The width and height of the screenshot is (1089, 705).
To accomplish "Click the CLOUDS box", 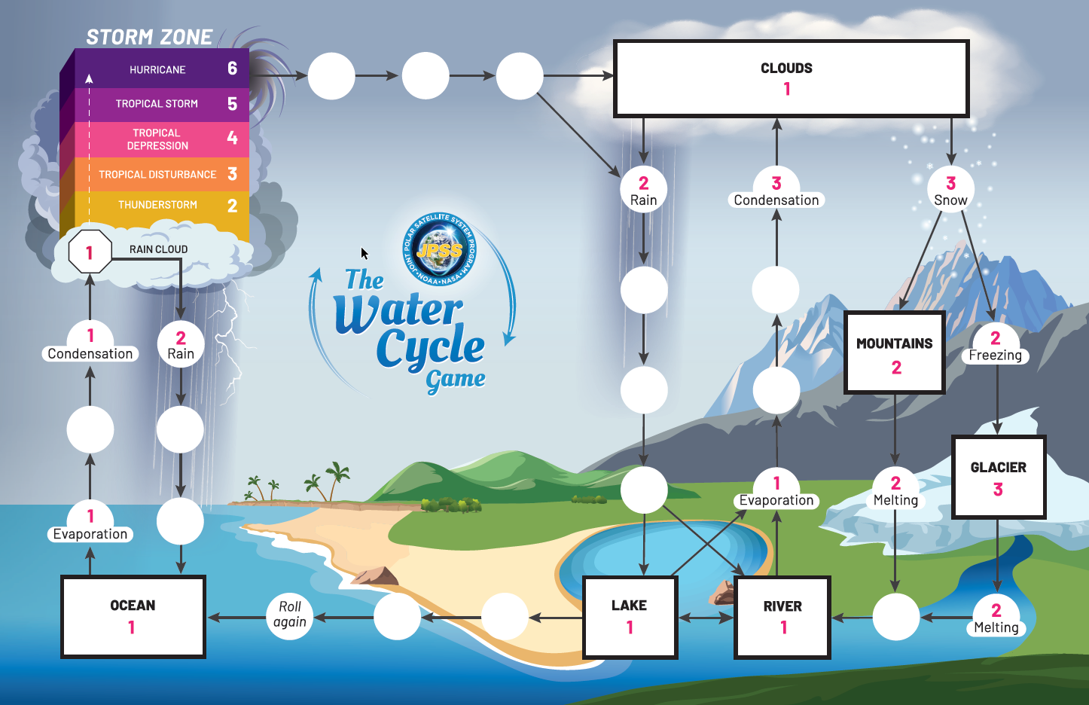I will click(x=791, y=78).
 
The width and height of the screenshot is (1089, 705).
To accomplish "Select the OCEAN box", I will click(x=133, y=616).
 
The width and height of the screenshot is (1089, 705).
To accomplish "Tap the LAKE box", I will click(x=630, y=616).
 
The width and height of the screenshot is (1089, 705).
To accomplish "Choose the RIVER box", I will click(x=782, y=616).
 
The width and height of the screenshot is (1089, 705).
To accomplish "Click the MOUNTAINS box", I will click(x=895, y=352).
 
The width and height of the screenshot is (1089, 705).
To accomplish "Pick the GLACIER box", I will click(x=998, y=477).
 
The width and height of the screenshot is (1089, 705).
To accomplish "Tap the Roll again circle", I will click(x=290, y=615).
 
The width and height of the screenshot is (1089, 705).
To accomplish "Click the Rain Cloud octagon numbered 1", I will click(x=90, y=252).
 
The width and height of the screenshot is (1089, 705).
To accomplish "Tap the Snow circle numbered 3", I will click(x=950, y=189).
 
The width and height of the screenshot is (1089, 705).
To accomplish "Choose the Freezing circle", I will click(x=996, y=345).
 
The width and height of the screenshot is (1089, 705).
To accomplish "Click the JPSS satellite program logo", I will click(x=440, y=249).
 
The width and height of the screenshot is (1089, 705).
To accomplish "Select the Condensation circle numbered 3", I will click(x=776, y=189).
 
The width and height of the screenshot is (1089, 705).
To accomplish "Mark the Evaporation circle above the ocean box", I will click(x=90, y=522).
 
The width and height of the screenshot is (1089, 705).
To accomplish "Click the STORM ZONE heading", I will click(x=149, y=37).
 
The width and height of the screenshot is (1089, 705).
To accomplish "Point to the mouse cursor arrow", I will click(x=365, y=254).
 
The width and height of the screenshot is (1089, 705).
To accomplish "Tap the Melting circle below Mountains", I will click(x=895, y=490).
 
